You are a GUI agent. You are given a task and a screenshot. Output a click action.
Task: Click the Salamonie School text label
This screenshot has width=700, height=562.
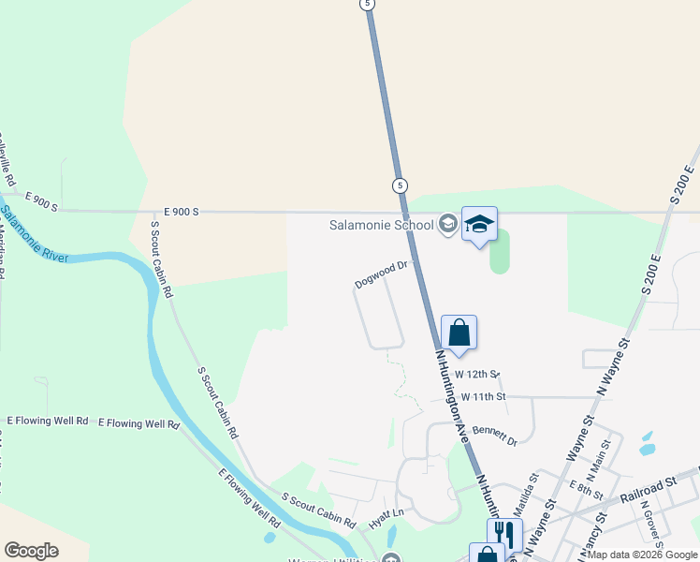380,225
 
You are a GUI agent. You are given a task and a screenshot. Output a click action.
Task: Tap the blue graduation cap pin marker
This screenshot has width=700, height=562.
479,225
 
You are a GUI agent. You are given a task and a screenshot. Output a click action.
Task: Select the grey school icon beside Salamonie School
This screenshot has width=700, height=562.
448,225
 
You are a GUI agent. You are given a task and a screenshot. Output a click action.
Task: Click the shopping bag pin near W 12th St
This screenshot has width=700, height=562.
459,333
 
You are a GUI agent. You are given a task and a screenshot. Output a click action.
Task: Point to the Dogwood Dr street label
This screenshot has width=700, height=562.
383,274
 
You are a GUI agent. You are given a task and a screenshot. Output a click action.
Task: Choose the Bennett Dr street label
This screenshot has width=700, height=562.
494,435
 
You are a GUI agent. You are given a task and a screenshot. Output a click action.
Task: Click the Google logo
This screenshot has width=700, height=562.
31,551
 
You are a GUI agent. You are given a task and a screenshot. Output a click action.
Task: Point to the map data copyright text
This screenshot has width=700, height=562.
642,555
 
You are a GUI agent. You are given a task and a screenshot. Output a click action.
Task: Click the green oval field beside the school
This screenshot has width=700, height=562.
500,251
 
